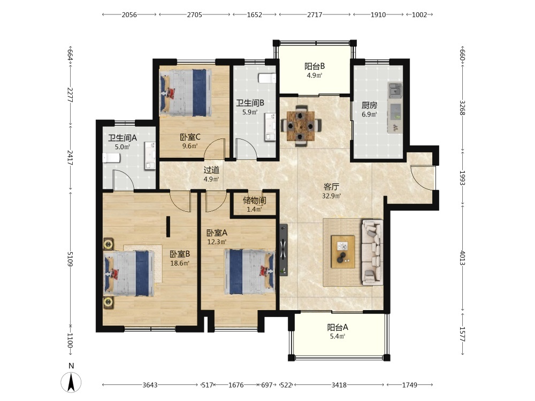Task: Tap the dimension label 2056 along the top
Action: coord(129,14)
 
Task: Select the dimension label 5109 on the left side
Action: coord(70,259)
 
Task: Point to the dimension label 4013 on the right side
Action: coord(462,258)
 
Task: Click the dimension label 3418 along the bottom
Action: coord(339,385)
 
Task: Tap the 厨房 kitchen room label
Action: coord(369,105)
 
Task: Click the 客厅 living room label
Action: coord(331,187)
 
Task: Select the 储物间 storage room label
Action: coord(254,200)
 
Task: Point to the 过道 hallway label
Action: coord(211,170)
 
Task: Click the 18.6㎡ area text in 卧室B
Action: coord(180,263)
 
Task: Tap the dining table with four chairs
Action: coord(301,126)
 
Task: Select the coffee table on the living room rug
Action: coord(343,252)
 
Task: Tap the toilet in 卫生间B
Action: coord(267,79)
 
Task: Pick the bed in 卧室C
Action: coord(186,92)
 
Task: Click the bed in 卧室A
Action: coord(249,272)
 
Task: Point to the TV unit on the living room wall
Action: coord(284,250)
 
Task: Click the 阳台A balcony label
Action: coord(338,327)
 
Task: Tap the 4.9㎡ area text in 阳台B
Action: coord(314,75)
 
